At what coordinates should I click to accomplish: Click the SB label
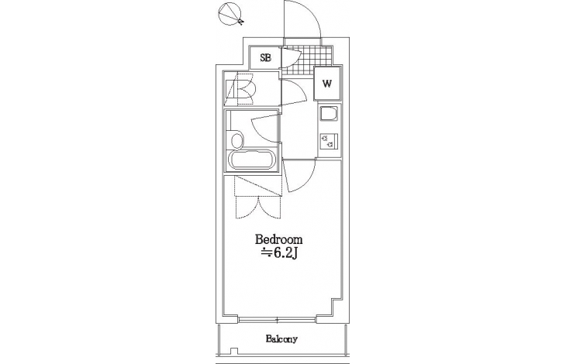point(266,57)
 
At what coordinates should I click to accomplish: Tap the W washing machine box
point(327,84)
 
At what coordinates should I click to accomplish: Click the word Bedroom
point(278,239)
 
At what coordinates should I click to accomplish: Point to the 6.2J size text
point(279,253)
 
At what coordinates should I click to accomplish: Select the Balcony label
point(281,338)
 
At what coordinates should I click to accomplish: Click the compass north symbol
point(230,14)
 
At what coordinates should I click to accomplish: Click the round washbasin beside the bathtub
point(236,140)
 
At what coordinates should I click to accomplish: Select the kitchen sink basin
point(329,115)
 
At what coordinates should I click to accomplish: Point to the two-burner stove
point(329,140)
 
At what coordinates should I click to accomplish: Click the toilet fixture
point(241,88)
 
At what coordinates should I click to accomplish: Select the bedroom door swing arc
point(299,176)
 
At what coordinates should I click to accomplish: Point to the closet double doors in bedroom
point(258,208)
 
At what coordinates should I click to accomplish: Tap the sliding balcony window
point(278,319)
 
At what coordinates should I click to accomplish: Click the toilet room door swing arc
point(294,93)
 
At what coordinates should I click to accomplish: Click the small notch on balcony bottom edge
point(234,351)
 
